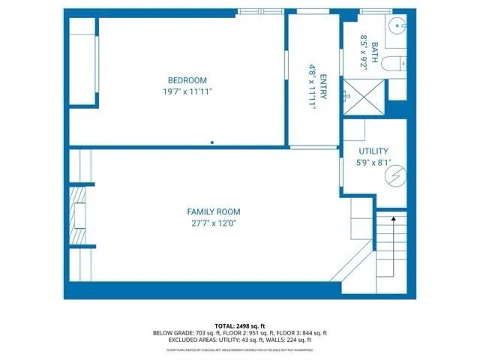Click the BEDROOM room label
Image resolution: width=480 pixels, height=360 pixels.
tap(187, 80)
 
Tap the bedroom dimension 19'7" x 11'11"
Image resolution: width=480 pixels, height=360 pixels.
tap(187, 91)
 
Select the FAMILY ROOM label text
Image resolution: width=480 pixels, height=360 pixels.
tap(214, 211)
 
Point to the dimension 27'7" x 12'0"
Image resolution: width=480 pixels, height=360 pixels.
tap(214, 223)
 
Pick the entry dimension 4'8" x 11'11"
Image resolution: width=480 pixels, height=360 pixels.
tap(312, 86)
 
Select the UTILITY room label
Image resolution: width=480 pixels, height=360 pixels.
tap(373, 151)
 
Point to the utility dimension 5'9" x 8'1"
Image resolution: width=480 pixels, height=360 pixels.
tap(373, 161)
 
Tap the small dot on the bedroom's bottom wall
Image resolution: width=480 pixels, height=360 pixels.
tap(212, 141)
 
